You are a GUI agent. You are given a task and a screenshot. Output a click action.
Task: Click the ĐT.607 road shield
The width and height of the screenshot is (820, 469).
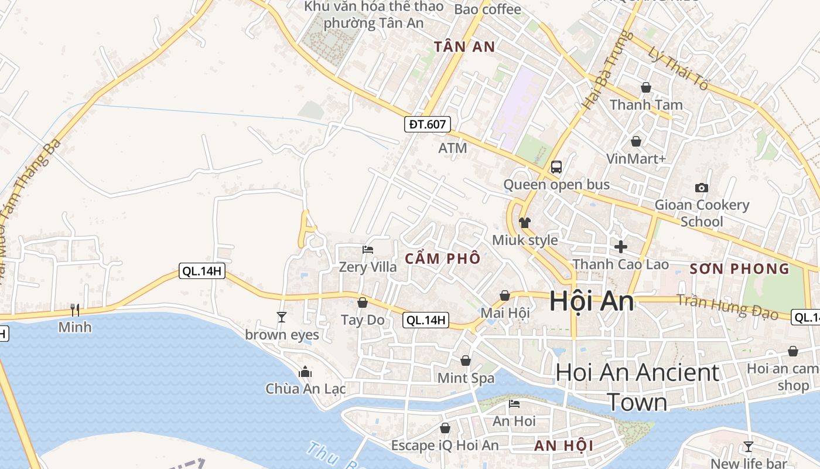coord(428,124)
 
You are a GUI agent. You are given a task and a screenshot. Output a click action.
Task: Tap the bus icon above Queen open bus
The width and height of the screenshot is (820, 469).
coord(556,167)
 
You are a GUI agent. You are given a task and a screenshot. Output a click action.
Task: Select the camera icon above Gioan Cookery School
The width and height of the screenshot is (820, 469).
coord(701,188)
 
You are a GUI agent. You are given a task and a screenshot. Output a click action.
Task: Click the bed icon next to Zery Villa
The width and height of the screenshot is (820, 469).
coord(368,250)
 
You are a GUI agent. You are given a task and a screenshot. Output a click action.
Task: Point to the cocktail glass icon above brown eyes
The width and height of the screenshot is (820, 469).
coord(282,317)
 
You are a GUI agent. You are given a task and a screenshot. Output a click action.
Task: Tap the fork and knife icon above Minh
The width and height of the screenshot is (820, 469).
coord(74,310)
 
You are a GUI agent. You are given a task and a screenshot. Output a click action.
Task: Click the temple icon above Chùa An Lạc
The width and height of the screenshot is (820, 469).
coord(305,372)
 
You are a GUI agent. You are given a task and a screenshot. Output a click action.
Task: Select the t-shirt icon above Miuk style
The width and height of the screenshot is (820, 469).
coord(524,223)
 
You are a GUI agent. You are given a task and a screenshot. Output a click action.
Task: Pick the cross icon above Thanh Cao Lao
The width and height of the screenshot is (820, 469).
coord(620,247)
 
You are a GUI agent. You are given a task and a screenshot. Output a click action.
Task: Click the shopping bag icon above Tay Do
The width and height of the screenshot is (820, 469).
coord(363,303)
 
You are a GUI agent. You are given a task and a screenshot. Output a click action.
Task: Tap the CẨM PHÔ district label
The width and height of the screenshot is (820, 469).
coord(443,259)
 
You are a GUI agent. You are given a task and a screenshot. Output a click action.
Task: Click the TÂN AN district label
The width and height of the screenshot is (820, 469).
coord(465,47)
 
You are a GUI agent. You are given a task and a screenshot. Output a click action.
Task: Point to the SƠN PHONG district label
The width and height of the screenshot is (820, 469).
coord(740,269)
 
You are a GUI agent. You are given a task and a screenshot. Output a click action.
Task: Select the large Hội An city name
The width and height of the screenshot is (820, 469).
coord(592,301)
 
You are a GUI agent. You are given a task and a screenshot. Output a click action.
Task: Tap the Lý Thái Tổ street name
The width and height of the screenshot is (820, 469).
coord(678,68)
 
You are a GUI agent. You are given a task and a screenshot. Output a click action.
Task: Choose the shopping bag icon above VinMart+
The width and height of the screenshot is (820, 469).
coord(636,141)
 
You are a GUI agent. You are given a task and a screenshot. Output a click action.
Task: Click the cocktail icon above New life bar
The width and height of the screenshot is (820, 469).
coord(748,446)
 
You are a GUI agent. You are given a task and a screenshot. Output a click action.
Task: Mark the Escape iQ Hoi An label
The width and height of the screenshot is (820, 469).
coord(445,446)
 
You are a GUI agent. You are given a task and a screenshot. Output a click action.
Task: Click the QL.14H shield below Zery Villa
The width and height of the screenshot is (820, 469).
coord(426,320)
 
